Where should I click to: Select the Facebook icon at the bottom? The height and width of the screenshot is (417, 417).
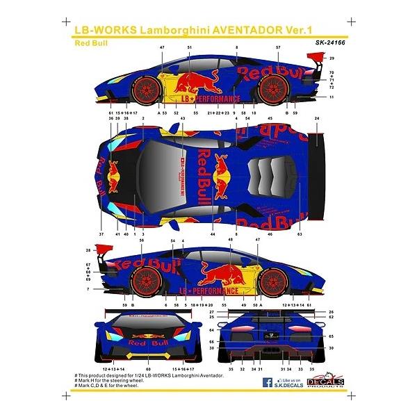click(x=267, y=401)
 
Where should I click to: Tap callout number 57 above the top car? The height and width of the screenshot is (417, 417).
click(x=278, y=47)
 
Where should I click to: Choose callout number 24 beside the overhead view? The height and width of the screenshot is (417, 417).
click(x=317, y=119)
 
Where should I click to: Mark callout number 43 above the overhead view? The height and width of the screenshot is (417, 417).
click(x=183, y=119)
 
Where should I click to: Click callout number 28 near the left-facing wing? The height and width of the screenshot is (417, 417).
click(x=88, y=250)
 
